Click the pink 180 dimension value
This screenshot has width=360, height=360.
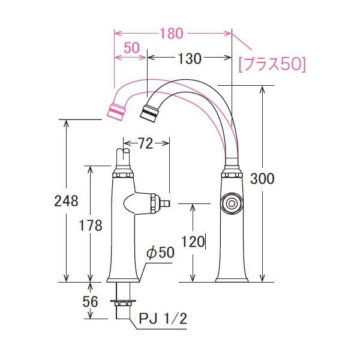tap(172, 34)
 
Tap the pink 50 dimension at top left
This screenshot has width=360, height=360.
tap(133, 47)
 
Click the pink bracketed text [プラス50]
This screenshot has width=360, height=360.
tap(272, 64)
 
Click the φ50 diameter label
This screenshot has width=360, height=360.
tap(160, 253)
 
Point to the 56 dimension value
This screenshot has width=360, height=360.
tap(91, 302)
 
